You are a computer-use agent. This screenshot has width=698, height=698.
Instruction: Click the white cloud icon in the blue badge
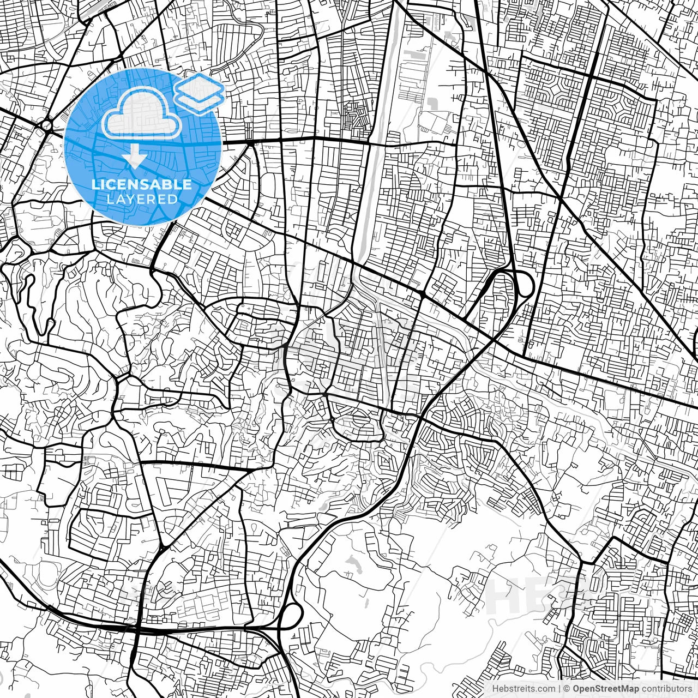click(x=142, y=113)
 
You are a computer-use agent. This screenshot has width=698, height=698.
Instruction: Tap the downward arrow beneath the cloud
click(x=134, y=158)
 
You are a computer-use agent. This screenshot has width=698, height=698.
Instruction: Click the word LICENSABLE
click(x=142, y=184)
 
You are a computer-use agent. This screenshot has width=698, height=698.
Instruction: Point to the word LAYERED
click(x=142, y=199)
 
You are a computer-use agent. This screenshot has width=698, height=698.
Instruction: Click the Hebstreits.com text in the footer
click(x=524, y=689)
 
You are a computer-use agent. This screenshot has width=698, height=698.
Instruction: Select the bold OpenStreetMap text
click(x=606, y=689)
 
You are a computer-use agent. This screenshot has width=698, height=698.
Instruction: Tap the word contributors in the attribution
click(x=666, y=689)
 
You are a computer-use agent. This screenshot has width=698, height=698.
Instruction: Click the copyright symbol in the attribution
click(x=567, y=689)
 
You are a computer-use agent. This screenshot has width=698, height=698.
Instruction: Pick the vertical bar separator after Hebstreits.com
click(x=559, y=689)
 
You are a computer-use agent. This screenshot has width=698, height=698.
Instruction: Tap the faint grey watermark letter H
click(x=504, y=596)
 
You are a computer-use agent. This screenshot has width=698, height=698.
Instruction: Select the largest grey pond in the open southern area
click(x=354, y=564)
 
